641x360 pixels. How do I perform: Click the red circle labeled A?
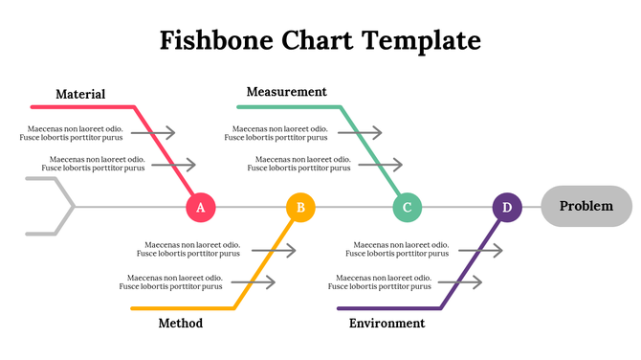(200, 207)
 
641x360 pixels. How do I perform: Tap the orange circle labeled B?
(300, 207)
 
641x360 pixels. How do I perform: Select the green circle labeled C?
(407, 207)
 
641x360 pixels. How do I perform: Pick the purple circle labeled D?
(507, 207)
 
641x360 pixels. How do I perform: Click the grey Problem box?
(586, 206)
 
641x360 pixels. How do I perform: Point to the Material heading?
(80, 94)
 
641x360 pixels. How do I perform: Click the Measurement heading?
(286, 92)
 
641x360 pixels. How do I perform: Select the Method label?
(180, 324)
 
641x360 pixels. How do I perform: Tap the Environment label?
(387, 324)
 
